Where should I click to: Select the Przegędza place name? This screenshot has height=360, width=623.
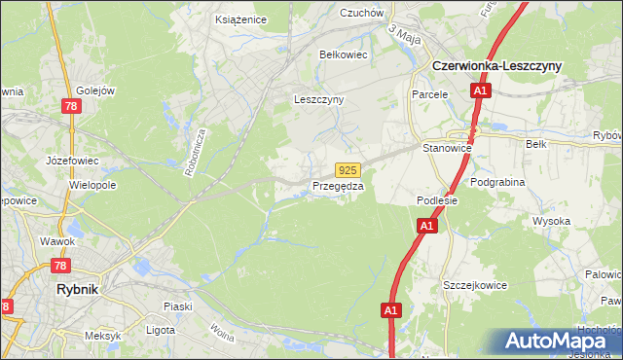pos(338,186)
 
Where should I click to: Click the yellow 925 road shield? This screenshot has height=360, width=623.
pos(349,169)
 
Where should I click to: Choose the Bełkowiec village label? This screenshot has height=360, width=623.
pos(344,54)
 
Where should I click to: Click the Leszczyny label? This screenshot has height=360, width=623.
pos(319,99)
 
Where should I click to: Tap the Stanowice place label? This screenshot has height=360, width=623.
pos(447,148)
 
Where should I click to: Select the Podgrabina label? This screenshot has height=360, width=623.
pos(496,182)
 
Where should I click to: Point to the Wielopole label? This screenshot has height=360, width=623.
pos(92,183)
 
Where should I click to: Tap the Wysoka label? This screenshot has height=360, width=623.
pos(551,221)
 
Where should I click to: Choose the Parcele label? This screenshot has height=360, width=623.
pos(429,94)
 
